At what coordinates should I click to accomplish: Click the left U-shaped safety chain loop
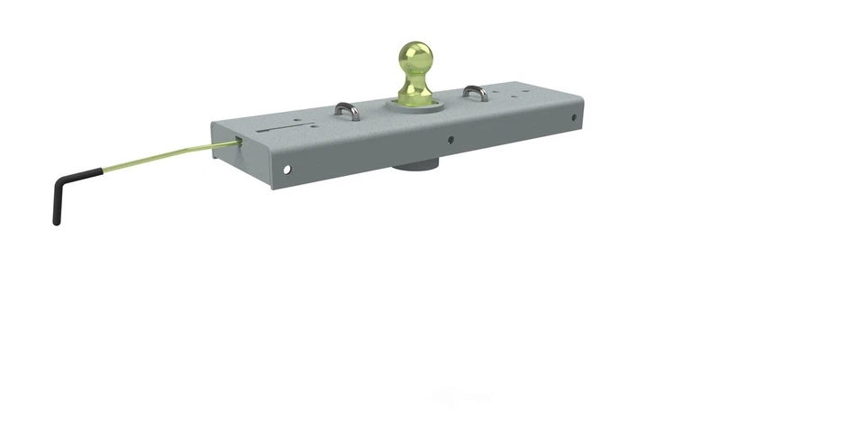(348, 111)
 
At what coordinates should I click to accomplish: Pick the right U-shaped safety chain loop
(475, 91)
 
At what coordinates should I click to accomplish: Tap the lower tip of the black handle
(56, 220)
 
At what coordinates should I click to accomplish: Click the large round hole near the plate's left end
(287, 168)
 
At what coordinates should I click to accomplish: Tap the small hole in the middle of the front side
(450, 140)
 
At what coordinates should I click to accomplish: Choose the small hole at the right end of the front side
(573, 116)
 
